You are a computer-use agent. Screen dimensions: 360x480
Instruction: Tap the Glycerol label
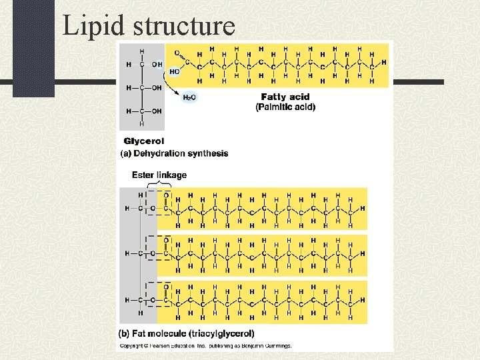coord(143,141)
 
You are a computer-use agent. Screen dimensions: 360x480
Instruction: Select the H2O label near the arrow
coord(190,97)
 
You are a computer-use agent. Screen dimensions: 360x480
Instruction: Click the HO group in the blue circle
coord(174,71)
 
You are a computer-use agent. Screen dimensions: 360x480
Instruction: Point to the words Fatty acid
coord(285,97)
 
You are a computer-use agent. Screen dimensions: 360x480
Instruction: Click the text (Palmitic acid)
coord(285,107)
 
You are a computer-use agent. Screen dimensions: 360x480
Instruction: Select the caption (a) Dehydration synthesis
coord(174,153)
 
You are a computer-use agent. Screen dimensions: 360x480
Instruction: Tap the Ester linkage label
coord(159,175)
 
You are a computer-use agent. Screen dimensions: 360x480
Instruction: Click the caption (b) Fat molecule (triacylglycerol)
coord(187,333)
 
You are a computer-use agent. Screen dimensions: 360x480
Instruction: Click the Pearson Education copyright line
coord(205,346)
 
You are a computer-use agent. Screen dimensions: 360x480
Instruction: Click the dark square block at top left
coord(33,47)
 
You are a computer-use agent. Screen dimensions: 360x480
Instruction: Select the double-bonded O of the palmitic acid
coord(177,52)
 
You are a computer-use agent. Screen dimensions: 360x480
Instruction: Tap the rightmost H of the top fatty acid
coord(384,62)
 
